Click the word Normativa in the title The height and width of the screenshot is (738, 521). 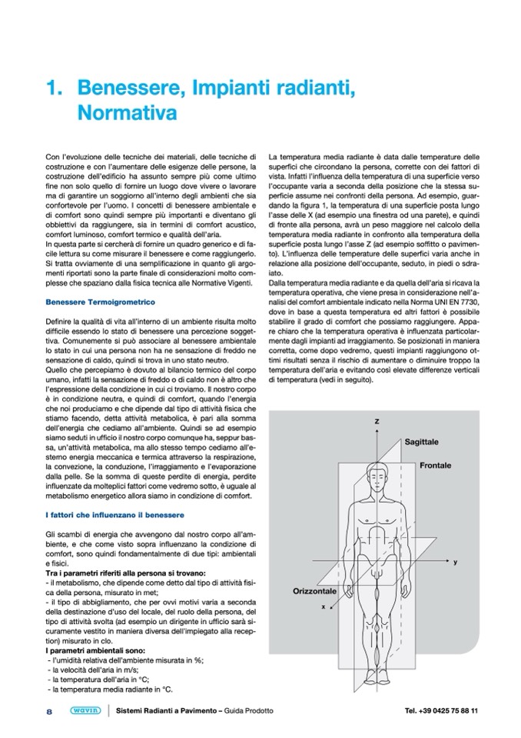pos(128,112)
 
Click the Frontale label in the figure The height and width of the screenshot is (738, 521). pos(440,466)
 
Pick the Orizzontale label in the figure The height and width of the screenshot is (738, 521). pos(314,590)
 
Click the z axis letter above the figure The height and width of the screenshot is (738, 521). pos(377,422)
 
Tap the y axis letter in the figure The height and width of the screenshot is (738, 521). pos(455,563)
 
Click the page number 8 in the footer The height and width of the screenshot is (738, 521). pos(48,711)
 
